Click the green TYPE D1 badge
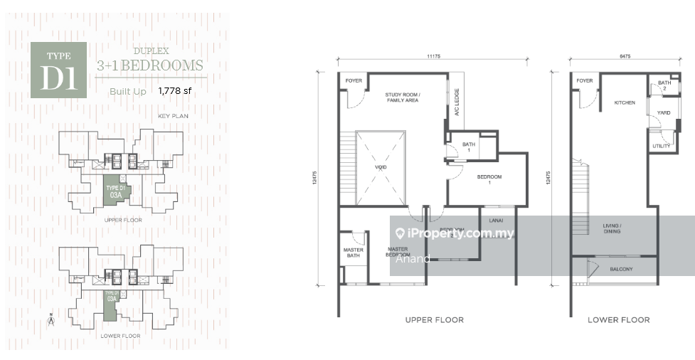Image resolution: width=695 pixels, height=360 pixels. (59, 70)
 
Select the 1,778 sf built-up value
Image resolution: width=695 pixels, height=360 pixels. (174, 90)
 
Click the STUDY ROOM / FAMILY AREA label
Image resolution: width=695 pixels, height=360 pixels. (402, 97)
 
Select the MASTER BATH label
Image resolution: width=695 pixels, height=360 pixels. (354, 253)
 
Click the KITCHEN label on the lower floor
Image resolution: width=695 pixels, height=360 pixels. (625, 103)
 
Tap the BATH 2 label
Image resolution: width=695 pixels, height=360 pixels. (664, 85)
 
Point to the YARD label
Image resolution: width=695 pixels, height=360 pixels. (664, 112)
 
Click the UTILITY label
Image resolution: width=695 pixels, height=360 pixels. (661, 147)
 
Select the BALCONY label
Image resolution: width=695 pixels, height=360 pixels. (621, 270)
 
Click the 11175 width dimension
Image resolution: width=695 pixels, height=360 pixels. (436, 57)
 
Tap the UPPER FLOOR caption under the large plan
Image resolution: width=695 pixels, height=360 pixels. (434, 320)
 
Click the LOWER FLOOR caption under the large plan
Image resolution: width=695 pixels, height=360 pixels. (618, 320)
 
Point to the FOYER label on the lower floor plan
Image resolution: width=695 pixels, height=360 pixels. (585, 81)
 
